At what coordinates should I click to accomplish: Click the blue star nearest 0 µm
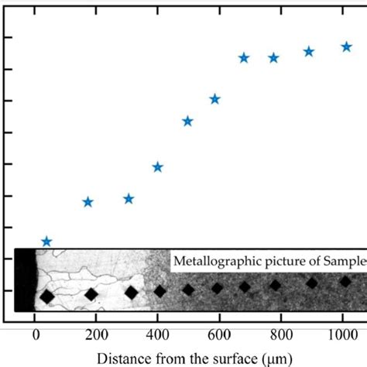46,242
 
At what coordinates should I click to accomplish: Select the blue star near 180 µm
88,202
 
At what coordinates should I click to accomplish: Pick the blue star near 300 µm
129,199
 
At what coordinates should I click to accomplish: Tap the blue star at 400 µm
158,166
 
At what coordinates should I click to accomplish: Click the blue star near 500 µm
187,121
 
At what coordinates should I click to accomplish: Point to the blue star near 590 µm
214,99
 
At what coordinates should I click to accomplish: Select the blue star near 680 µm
244,58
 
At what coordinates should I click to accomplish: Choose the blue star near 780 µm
273,58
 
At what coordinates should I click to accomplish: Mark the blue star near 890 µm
309,52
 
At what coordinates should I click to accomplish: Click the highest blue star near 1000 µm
346,47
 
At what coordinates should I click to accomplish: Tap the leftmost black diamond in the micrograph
47,297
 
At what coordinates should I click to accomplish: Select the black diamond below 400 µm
159,291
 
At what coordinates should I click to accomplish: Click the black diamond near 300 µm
131,293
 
